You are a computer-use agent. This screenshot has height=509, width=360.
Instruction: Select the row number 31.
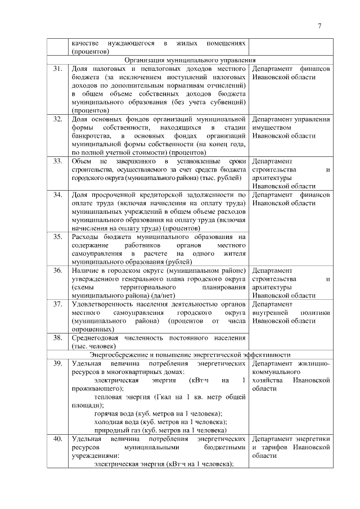click(57, 69)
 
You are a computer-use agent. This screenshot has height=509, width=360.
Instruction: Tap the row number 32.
click(57, 119)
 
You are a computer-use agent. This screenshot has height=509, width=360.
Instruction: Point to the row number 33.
click(57, 161)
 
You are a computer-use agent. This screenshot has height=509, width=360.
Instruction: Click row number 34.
click(57, 195)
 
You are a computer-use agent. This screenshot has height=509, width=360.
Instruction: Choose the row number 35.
click(57, 237)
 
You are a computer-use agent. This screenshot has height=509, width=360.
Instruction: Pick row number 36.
click(57, 271)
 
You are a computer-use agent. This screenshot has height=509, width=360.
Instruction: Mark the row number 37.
click(57, 304)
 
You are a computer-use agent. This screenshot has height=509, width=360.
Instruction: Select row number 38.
click(57, 338)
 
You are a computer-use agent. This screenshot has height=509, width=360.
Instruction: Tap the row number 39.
click(57, 363)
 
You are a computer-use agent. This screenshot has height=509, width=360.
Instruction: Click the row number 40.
click(57, 439)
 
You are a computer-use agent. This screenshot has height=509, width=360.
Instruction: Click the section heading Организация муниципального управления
click(190, 60)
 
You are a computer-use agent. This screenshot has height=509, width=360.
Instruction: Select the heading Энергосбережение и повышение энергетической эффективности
click(190, 355)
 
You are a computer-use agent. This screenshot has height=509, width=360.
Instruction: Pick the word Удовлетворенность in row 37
click(103, 304)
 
